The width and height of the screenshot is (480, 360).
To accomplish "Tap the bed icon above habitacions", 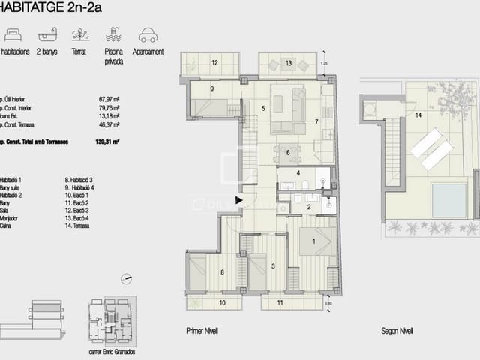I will (12, 34).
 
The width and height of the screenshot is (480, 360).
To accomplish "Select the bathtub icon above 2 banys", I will (46, 34).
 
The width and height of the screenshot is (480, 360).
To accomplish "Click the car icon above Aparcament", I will (148, 34).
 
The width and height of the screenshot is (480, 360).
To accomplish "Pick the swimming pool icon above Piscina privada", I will (113, 34).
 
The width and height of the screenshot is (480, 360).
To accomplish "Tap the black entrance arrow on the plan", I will (239, 200).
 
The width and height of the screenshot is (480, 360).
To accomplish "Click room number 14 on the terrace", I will (419, 114).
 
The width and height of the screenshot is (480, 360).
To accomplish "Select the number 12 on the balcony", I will (214, 63).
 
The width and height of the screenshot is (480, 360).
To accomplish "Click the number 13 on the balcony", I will (289, 64).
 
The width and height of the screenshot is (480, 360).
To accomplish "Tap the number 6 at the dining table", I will (287, 152).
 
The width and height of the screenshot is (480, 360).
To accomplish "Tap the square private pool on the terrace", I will (448, 200).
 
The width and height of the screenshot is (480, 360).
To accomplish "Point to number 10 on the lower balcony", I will (221, 303).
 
